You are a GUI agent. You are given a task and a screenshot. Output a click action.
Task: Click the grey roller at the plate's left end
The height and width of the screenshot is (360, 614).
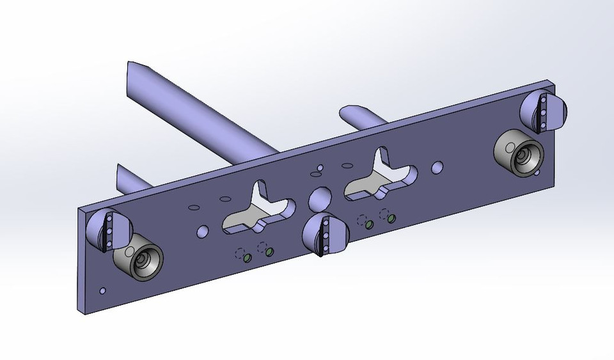139,261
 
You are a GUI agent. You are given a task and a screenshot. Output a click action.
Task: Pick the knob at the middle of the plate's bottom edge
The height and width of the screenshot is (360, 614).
327,235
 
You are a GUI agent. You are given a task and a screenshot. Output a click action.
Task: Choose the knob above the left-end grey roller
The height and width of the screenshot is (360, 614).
109,230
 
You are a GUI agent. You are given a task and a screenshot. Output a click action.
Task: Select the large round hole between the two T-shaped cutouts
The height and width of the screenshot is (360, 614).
318,200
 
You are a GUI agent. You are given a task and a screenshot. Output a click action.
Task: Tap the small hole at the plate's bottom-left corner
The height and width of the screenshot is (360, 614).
103,291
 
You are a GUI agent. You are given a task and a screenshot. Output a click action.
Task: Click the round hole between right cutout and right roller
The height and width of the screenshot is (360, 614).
437,168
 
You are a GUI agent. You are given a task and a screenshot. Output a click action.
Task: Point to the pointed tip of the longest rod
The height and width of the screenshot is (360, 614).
134,67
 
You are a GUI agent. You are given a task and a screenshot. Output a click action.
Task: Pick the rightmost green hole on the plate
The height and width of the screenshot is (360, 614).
391,218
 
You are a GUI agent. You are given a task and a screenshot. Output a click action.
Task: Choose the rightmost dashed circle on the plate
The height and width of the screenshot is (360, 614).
384,213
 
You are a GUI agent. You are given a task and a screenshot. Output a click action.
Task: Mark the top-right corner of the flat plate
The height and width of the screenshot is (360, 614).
553,81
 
